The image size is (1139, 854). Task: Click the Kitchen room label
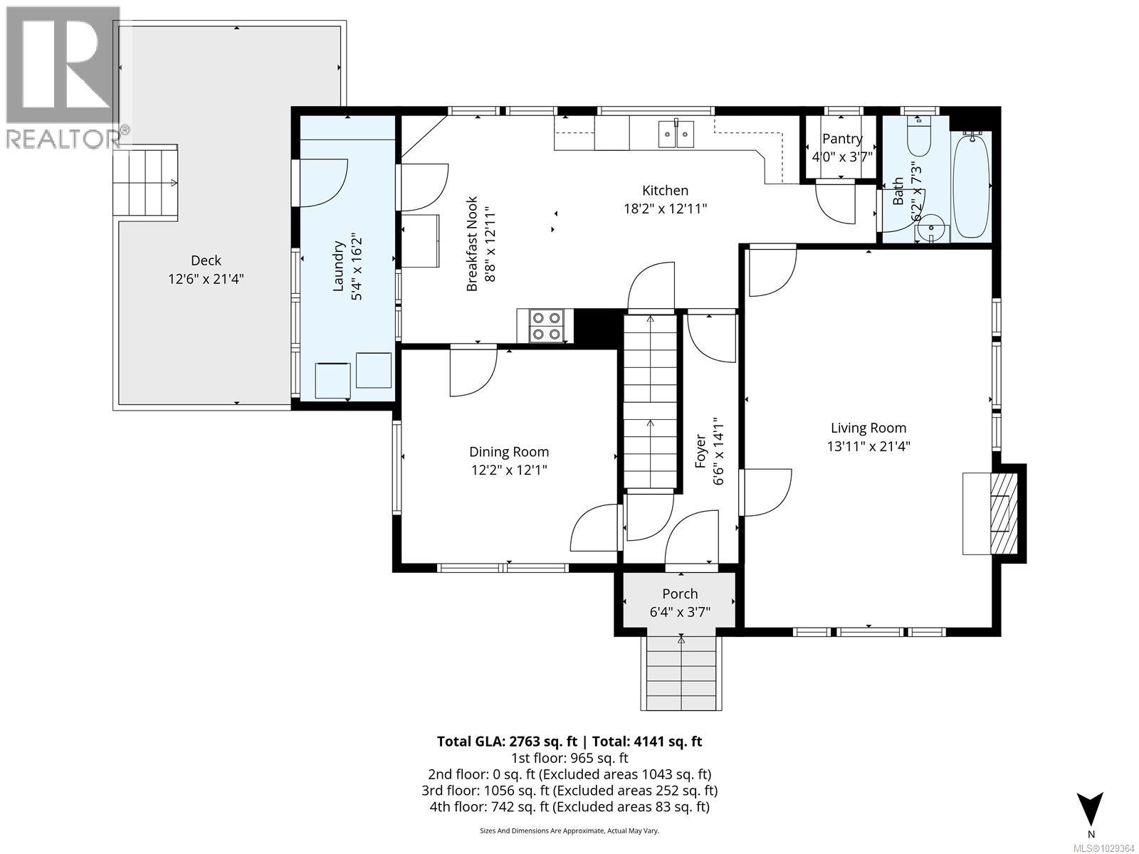[x=665, y=190]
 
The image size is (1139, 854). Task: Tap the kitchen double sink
[x=677, y=134]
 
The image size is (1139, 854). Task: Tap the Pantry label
[x=842, y=139]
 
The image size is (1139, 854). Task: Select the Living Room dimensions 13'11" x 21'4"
[x=868, y=446]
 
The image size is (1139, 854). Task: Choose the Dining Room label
[x=509, y=452]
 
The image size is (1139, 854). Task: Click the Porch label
[x=680, y=594]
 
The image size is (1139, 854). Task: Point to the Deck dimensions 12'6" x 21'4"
[x=206, y=279]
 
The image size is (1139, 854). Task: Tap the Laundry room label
[x=338, y=265]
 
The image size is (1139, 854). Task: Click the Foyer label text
[x=700, y=452]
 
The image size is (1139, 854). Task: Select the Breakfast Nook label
[x=472, y=243]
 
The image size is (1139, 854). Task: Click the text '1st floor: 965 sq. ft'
[x=569, y=759]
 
